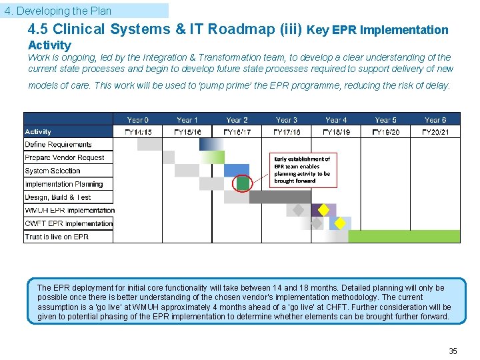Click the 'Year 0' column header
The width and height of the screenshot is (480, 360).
click(138, 120)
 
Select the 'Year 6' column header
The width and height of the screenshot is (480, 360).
click(435, 120)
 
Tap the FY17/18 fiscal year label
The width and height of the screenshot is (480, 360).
click(287, 132)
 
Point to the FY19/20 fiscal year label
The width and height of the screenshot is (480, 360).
click(385, 132)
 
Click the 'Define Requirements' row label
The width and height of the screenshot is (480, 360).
click(59, 145)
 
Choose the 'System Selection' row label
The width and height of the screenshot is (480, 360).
click(53, 171)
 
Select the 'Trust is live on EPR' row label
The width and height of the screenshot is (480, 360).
click(57, 237)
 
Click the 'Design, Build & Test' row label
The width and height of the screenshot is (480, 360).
click(58, 197)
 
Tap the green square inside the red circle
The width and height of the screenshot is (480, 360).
click(243, 183)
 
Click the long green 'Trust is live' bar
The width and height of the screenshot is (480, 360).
click(404, 236)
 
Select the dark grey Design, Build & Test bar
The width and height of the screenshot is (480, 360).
click(280, 197)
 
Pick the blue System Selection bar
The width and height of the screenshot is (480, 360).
click(237, 170)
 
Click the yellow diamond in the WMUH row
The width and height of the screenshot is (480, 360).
click(323, 210)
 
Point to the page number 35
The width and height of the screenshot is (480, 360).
click(453, 351)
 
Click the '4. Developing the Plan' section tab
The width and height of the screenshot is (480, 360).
click(58, 11)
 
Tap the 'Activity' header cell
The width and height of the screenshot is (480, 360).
click(38, 132)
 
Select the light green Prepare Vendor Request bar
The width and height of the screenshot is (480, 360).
click(212, 157)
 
